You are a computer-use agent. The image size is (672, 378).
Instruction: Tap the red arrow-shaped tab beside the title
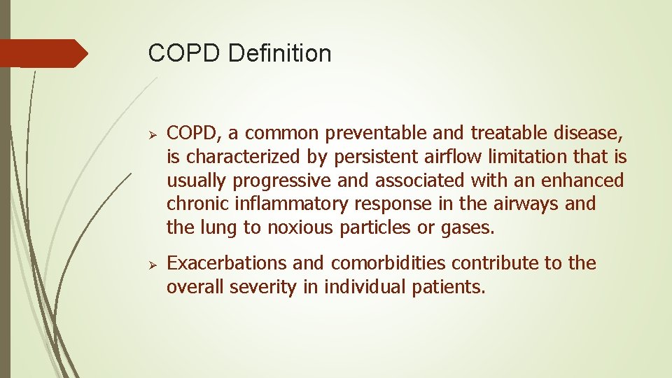[43, 53]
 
